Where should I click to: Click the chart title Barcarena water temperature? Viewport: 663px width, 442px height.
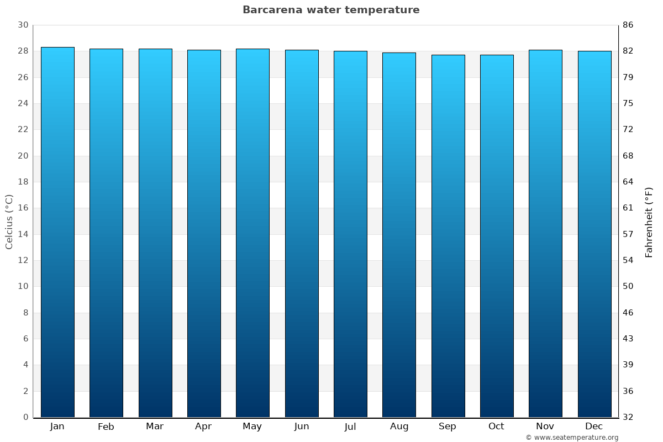pyautogui.click(x=331, y=10)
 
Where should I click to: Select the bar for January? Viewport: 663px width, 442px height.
pyautogui.click(x=57, y=232)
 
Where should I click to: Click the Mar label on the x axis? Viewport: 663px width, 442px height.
pyautogui.click(x=155, y=426)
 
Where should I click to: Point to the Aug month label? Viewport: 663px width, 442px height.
pyautogui.click(x=399, y=426)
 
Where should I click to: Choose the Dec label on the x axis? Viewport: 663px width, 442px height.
pyautogui.click(x=594, y=426)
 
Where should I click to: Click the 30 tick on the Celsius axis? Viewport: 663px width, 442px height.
pyautogui.click(x=23, y=25)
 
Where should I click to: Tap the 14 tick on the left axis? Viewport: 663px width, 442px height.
pyautogui.click(x=23, y=234)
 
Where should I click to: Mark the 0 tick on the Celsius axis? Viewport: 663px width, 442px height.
pyautogui.click(x=25, y=417)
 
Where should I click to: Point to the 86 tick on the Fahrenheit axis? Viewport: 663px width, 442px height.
pyautogui.click(x=628, y=25)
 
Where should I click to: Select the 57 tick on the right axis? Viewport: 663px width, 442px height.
pyautogui.click(x=628, y=234)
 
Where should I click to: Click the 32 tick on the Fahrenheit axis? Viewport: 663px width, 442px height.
pyautogui.click(x=628, y=417)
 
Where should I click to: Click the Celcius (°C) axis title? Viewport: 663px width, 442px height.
pyautogui.click(x=9, y=222)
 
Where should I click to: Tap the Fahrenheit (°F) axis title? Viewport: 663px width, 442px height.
pyautogui.click(x=649, y=222)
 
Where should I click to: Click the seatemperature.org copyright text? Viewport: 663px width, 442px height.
pyautogui.click(x=572, y=438)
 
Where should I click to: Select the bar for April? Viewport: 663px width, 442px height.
pyautogui.click(x=204, y=233)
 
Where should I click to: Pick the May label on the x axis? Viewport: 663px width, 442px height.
pyautogui.click(x=252, y=426)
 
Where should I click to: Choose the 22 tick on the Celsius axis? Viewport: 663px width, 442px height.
pyautogui.click(x=23, y=129)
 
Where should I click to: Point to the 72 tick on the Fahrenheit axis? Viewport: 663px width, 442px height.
pyautogui.click(x=628, y=129)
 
